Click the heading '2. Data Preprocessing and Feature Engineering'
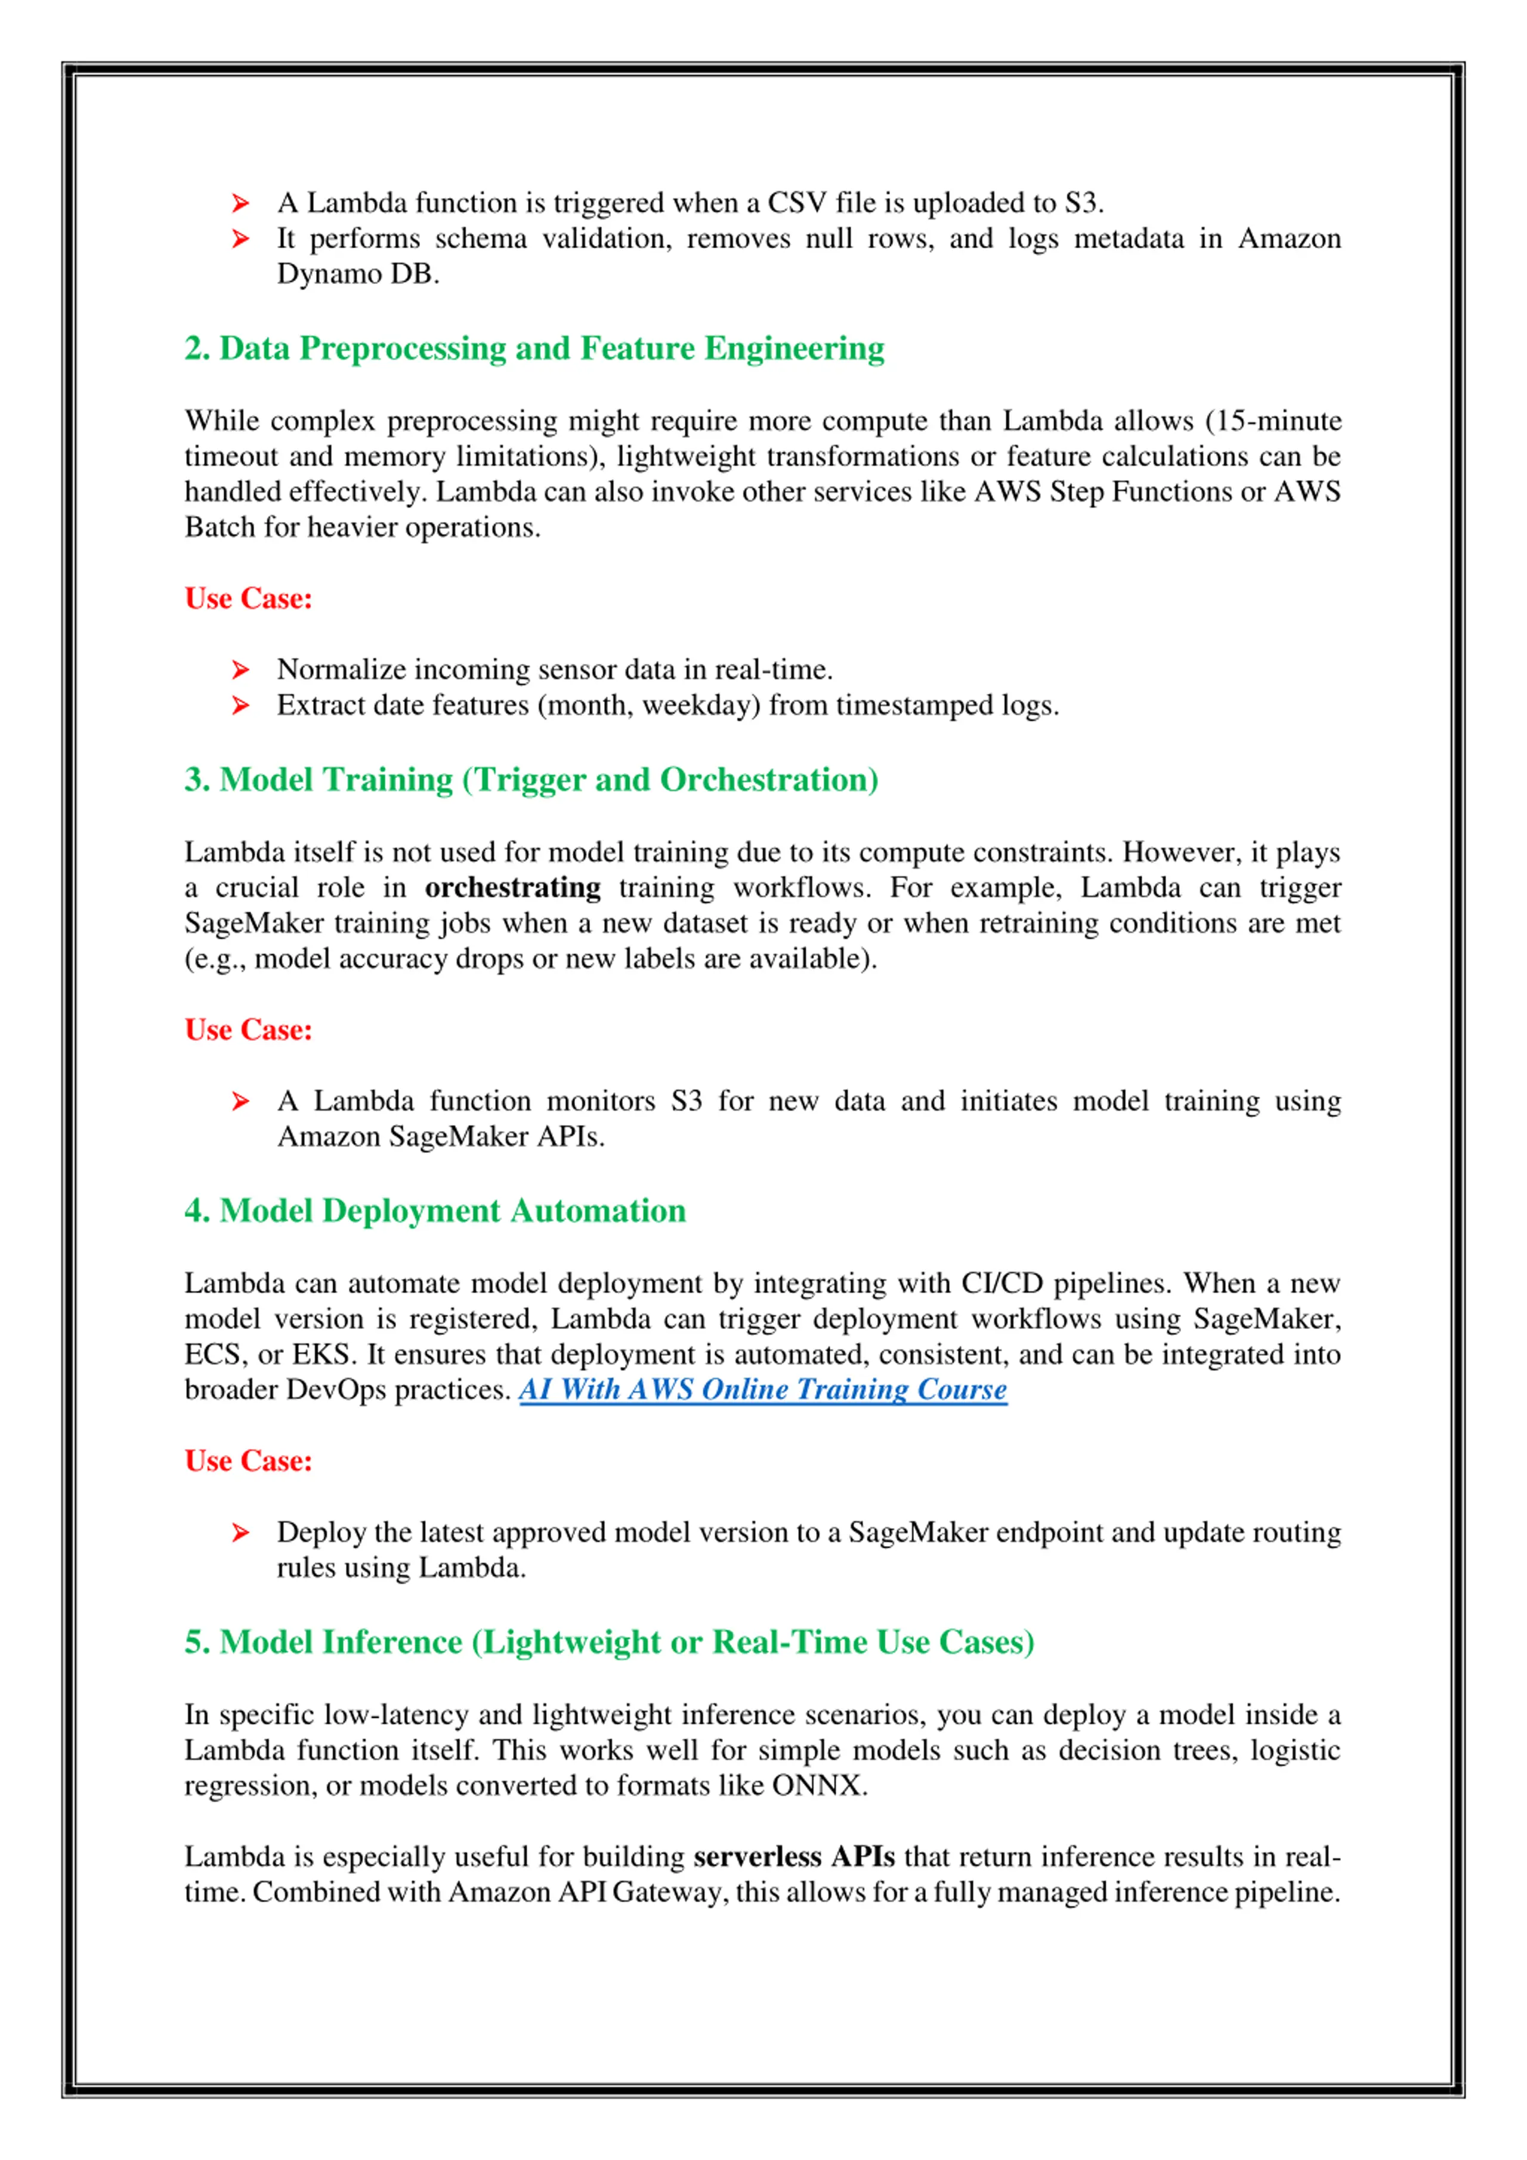click(x=533, y=348)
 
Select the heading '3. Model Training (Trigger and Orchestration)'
click(x=531, y=779)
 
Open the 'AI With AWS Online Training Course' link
click(x=762, y=1389)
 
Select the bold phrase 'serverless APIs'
click(x=793, y=1856)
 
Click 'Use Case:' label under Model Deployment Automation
click(x=248, y=1460)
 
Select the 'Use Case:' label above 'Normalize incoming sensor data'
click(x=248, y=598)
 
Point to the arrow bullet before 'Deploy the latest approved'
click(x=241, y=1532)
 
